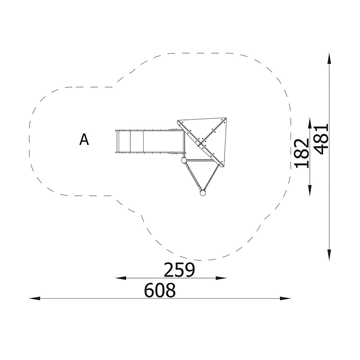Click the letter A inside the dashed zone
click(84, 140)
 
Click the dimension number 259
click(179, 270)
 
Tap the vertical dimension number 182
click(302, 153)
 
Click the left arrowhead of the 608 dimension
click(35, 298)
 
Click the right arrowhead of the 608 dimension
click(285, 298)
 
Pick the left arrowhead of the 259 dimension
click(121, 278)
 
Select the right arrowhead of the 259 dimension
click(221, 278)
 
